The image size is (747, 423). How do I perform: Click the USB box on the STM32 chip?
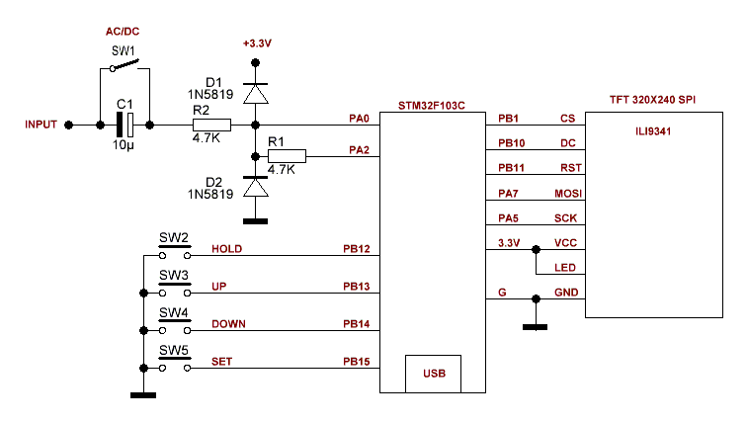tap(434, 374)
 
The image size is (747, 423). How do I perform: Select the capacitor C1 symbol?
tap(125, 125)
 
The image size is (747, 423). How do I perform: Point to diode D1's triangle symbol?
tap(256, 93)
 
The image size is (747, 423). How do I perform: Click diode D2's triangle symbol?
tap(256, 187)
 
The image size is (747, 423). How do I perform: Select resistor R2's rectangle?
tap(211, 125)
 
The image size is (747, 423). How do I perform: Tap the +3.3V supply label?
tap(256, 44)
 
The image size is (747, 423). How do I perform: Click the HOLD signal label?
tap(227, 249)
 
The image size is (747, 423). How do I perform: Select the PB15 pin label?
tap(357, 362)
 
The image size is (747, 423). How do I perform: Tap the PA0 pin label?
tap(359, 119)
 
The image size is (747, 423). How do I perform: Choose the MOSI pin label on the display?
tap(566, 194)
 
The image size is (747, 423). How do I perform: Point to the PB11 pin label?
tap(511, 168)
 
